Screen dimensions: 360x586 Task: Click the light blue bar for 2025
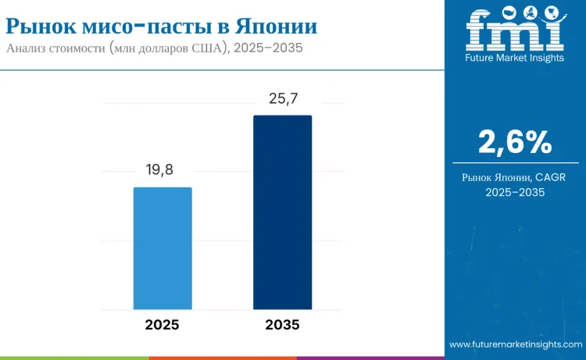coord(163,248)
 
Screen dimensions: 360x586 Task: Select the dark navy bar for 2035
coord(282,212)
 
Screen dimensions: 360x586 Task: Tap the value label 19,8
coord(163,171)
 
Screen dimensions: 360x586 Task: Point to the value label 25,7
coord(282,98)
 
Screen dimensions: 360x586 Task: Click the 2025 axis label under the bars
coord(163,325)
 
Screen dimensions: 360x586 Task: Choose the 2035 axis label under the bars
coord(282,325)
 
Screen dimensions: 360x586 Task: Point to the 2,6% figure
coord(515,142)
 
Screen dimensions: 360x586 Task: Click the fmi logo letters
coord(514,29)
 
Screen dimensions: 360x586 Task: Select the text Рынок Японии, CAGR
coord(515,177)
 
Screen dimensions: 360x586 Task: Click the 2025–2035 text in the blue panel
coord(515,192)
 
